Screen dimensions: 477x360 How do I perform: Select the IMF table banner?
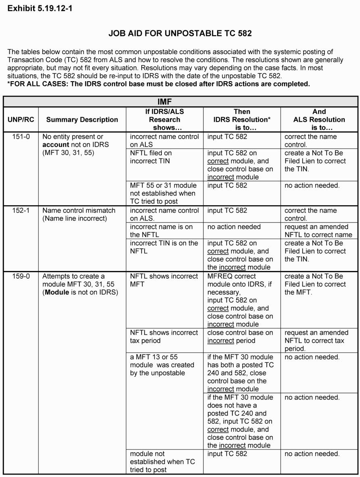coord(180,102)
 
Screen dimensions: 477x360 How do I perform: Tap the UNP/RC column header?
coord(21,120)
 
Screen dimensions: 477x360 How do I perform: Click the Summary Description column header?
coord(82,120)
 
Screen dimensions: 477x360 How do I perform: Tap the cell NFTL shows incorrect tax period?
coord(164,336)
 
